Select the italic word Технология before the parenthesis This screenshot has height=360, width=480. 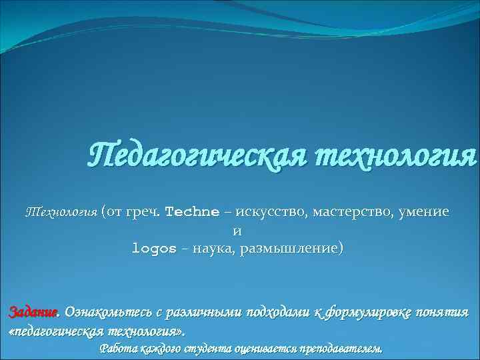61,213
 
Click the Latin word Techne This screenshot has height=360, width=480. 191,213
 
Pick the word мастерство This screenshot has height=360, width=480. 351,213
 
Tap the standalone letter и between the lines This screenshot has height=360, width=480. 237,231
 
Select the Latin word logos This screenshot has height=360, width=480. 154,249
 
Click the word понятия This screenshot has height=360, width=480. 445,313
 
